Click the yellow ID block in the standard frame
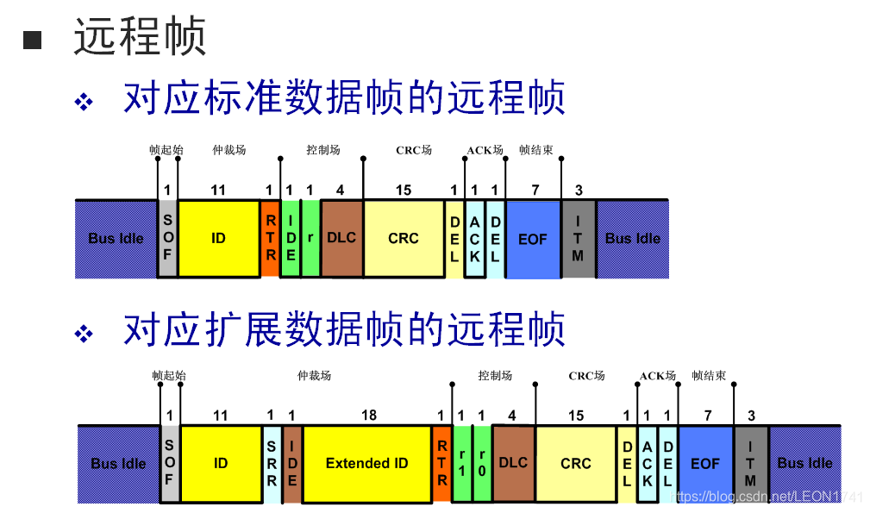(218, 238)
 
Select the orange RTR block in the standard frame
(270, 238)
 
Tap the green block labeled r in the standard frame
(310, 238)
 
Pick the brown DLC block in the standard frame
(341, 238)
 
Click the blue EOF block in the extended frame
(705, 463)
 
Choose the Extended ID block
(366, 463)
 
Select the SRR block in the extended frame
(271, 463)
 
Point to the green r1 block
(462, 463)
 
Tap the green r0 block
(482, 463)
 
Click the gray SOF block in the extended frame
(169, 463)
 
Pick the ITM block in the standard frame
(578, 238)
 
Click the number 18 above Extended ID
(369, 416)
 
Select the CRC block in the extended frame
(576, 463)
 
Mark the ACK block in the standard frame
(474, 238)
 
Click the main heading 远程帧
(140, 38)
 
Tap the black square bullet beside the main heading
(32, 40)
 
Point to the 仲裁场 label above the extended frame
(314, 376)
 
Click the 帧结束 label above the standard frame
(535, 150)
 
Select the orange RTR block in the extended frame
(441, 463)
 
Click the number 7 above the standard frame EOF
(535, 191)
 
